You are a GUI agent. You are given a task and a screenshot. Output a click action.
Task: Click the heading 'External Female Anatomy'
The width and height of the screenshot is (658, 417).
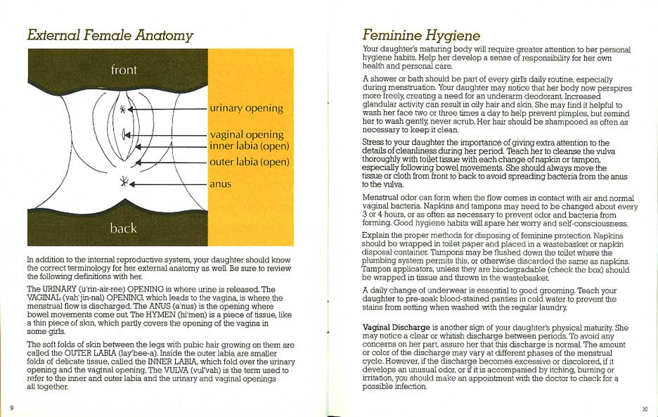click(x=110, y=35)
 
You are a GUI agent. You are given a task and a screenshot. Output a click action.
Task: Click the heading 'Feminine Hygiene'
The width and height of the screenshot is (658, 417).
click(x=421, y=35)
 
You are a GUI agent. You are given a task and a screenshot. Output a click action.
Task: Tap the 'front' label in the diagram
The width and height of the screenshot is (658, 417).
click(x=124, y=70)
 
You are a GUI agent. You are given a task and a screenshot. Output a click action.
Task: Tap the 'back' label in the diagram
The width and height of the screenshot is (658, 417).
click(x=124, y=228)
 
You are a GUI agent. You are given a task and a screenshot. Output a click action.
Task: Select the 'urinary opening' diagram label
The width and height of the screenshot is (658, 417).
click(x=246, y=108)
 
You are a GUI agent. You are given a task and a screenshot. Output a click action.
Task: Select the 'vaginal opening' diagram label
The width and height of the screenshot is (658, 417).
click(x=246, y=134)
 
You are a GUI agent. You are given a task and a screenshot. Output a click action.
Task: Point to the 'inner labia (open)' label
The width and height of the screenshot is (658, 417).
click(x=249, y=146)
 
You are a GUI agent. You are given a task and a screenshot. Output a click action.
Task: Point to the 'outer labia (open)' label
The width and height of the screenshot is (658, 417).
click(x=249, y=162)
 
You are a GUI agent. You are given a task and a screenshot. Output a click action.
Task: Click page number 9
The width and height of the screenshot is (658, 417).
click(x=12, y=408)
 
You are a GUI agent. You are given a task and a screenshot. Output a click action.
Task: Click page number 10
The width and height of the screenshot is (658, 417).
click(x=645, y=409)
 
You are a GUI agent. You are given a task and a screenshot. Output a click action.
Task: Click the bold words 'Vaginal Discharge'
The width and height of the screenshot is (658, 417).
click(x=395, y=328)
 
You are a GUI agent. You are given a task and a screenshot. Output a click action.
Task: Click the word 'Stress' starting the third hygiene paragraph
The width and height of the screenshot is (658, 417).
click(x=374, y=143)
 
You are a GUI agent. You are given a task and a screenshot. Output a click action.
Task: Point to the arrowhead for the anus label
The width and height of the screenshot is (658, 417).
click(x=134, y=184)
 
